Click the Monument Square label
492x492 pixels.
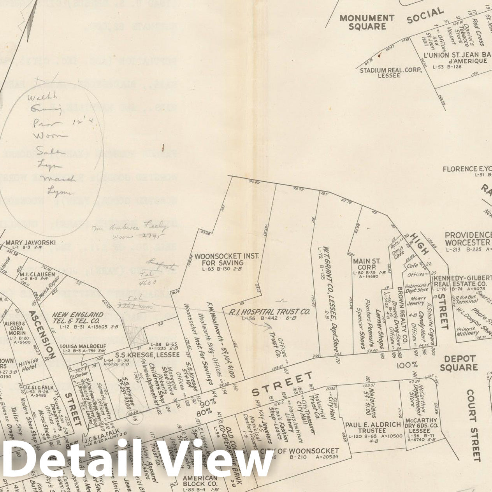(x=367, y=22)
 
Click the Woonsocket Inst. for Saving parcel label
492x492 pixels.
(x=227, y=260)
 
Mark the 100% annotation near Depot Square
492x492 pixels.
(x=407, y=365)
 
